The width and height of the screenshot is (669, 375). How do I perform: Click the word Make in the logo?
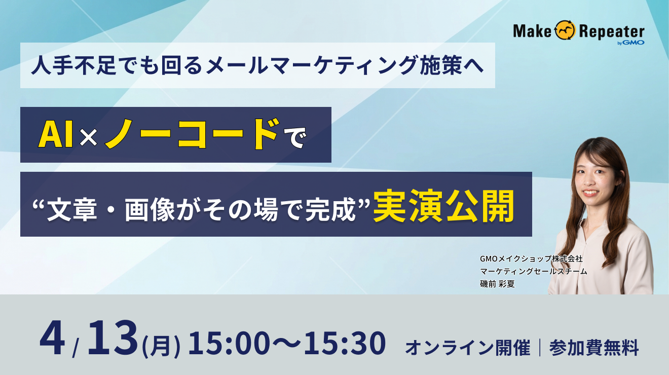click(x=532, y=31)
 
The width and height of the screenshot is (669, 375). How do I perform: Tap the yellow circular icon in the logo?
click(x=565, y=31)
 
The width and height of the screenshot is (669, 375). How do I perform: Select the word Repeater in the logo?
click(x=611, y=31)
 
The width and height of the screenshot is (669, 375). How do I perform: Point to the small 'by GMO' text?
click(x=630, y=43)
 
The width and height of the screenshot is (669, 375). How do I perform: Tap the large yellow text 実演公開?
click(x=444, y=205)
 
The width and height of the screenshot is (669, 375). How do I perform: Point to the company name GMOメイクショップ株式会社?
click(x=531, y=258)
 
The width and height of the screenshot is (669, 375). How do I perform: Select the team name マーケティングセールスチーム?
click(x=533, y=271)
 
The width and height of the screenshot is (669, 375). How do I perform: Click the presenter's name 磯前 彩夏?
click(x=497, y=284)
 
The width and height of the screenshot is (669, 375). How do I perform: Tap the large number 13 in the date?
click(x=113, y=339)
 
